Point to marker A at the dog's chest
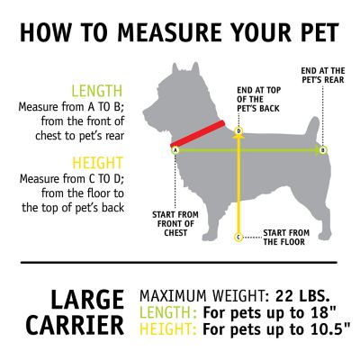[175, 149]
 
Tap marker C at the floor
[238, 237]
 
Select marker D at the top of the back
[238, 131]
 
